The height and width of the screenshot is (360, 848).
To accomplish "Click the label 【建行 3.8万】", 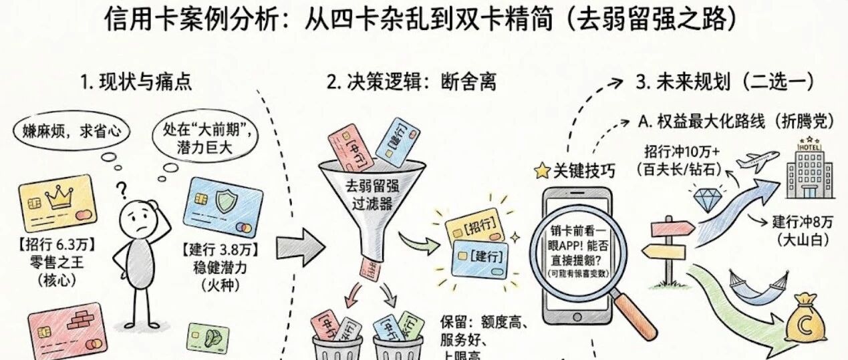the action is click(x=220, y=252).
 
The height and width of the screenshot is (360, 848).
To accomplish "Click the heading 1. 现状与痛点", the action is click(x=136, y=82).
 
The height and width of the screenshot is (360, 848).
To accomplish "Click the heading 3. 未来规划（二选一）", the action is click(x=724, y=82).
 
